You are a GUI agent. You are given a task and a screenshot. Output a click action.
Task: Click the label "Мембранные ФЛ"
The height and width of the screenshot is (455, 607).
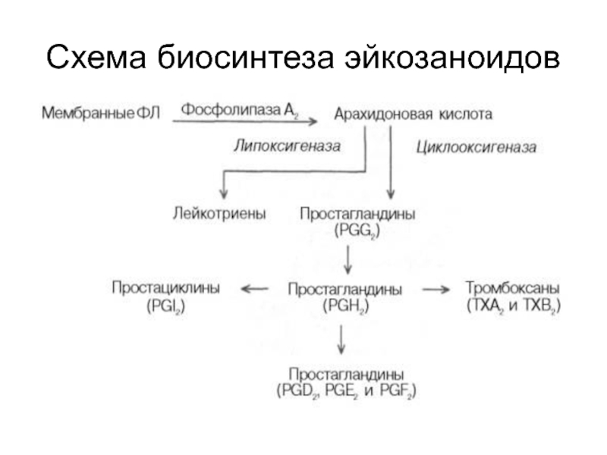[x=101, y=114]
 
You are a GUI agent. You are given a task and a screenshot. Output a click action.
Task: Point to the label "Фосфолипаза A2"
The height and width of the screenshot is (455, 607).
[x=238, y=110]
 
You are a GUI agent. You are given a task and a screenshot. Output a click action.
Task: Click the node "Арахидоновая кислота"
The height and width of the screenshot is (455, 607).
[x=413, y=115]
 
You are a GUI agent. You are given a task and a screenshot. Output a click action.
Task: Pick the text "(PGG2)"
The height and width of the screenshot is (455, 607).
[x=357, y=230]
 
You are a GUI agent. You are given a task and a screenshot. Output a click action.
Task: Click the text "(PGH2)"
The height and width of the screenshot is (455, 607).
[x=346, y=306]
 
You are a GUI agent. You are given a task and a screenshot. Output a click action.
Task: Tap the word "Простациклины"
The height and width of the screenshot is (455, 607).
[x=166, y=288]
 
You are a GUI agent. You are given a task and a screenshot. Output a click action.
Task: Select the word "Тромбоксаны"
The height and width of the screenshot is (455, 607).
[x=512, y=288]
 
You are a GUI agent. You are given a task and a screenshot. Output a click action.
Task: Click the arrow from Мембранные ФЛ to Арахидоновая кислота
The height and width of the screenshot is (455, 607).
[x=247, y=121]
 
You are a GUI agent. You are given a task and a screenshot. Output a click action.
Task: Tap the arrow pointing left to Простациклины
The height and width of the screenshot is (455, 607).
[x=254, y=289]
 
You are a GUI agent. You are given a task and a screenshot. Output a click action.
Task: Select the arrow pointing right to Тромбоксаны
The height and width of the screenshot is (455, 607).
[x=437, y=289]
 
